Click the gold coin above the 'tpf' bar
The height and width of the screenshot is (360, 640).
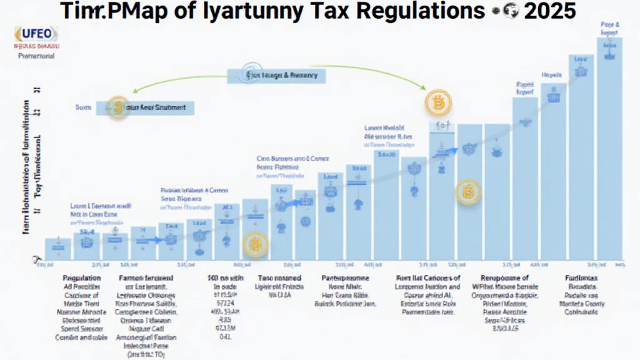click(x=437, y=102)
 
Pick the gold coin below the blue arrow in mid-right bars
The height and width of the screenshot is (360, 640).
click(x=467, y=192)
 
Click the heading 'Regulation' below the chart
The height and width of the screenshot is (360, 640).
click(x=81, y=277)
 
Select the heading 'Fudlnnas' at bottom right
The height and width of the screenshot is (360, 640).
click(x=579, y=277)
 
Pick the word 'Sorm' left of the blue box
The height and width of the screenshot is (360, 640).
click(x=83, y=107)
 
